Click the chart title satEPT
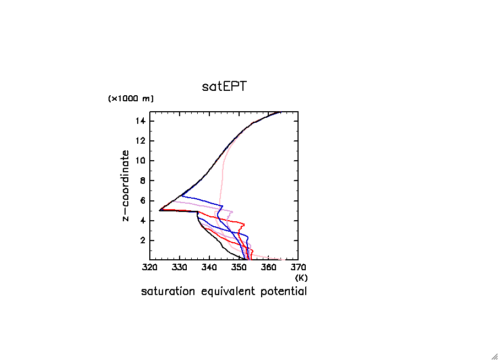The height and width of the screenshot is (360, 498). [224, 86]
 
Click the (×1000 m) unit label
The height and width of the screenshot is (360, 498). [131, 99]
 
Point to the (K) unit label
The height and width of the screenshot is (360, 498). [301, 278]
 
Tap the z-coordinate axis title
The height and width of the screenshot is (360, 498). [126, 186]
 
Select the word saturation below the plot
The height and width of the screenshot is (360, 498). [168, 291]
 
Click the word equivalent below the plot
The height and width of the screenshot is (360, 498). [228, 291]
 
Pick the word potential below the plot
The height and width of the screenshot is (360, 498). [284, 291]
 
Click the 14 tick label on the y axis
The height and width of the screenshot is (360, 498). [140, 121]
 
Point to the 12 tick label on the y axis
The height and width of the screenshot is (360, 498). [140, 140]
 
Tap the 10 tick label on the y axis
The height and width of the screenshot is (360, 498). [140, 161]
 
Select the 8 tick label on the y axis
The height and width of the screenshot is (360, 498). [143, 181]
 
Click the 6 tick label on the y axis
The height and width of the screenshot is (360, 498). [143, 200]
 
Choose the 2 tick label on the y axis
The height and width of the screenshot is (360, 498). [143, 241]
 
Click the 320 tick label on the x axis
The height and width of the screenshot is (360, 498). [150, 268]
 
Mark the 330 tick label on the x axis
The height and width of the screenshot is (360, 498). [180, 268]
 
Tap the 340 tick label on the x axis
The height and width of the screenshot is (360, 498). [209, 268]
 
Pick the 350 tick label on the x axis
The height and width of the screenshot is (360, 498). [239, 268]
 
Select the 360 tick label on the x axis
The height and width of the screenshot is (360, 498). [268, 268]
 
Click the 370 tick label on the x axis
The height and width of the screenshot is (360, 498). [298, 268]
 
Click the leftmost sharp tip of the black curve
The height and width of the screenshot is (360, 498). [159, 210]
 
